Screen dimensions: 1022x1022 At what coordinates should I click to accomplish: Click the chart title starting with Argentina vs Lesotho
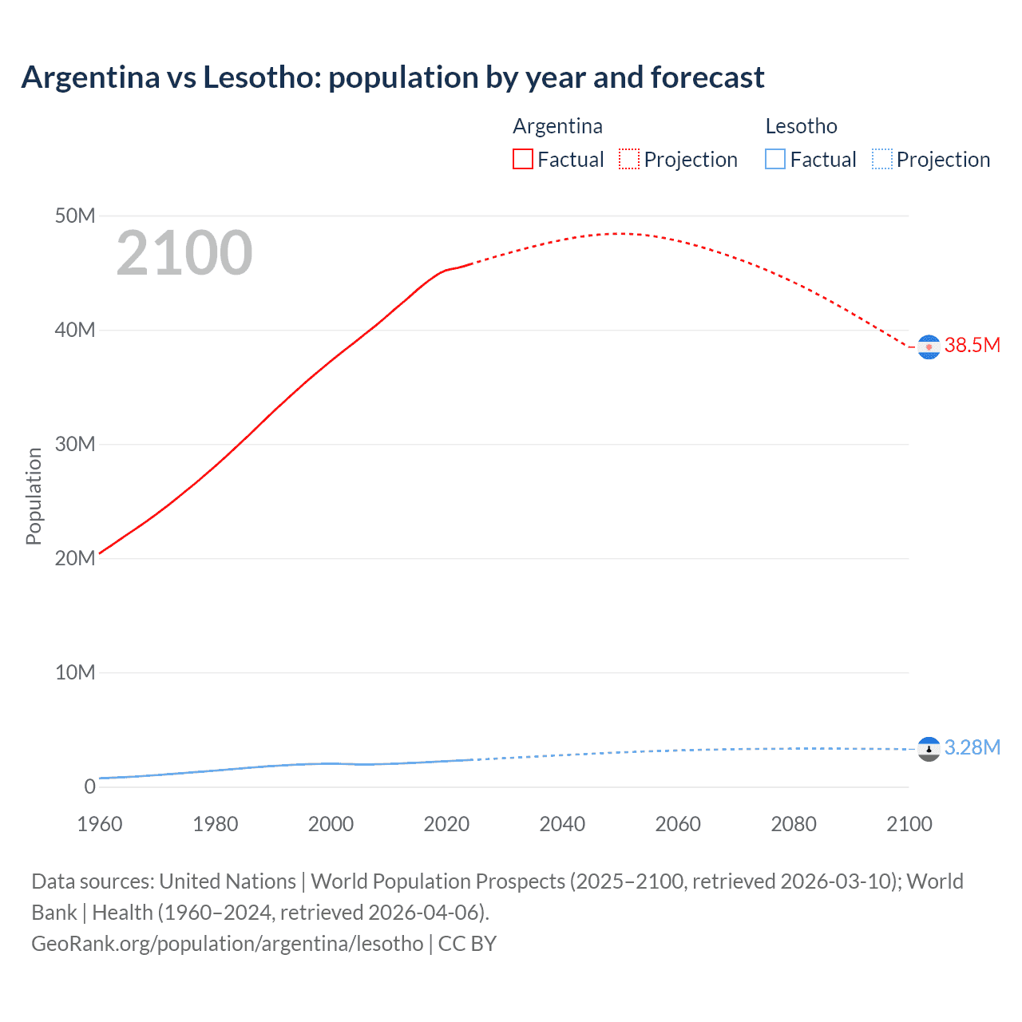[393, 77]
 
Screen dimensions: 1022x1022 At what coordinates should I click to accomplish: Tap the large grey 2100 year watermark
[184, 253]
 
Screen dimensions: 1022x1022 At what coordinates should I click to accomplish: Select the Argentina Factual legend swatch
[522, 159]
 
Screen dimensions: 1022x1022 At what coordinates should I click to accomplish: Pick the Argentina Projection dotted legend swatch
[629, 159]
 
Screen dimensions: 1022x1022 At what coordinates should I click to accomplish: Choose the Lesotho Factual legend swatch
[775, 159]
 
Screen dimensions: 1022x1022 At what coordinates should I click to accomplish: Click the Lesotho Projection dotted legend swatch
[881, 159]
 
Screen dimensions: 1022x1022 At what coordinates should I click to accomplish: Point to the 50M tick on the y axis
[75, 216]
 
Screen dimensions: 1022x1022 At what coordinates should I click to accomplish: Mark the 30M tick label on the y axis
[75, 444]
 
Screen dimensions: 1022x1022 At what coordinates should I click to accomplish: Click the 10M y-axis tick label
[75, 672]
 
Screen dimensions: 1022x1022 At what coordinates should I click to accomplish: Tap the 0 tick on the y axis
[89, 786]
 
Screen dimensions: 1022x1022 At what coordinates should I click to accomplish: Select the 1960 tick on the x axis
[100, 824]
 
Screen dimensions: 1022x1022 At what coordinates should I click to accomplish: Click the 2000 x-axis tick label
[331, 824]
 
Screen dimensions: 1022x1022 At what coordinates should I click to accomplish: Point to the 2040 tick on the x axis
[562, 824]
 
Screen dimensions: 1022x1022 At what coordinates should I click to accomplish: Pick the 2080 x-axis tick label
[794, 824]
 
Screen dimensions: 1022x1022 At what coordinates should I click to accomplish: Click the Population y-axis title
[34, 496]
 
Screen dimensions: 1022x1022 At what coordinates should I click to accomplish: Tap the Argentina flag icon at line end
[929, 347]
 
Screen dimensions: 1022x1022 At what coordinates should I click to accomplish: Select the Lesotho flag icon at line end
[929, 749]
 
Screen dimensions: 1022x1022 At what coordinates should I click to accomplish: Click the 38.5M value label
[972, 345]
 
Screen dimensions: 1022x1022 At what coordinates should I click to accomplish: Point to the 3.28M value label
[972, 747]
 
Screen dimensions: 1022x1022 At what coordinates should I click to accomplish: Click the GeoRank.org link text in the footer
[227, 944]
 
